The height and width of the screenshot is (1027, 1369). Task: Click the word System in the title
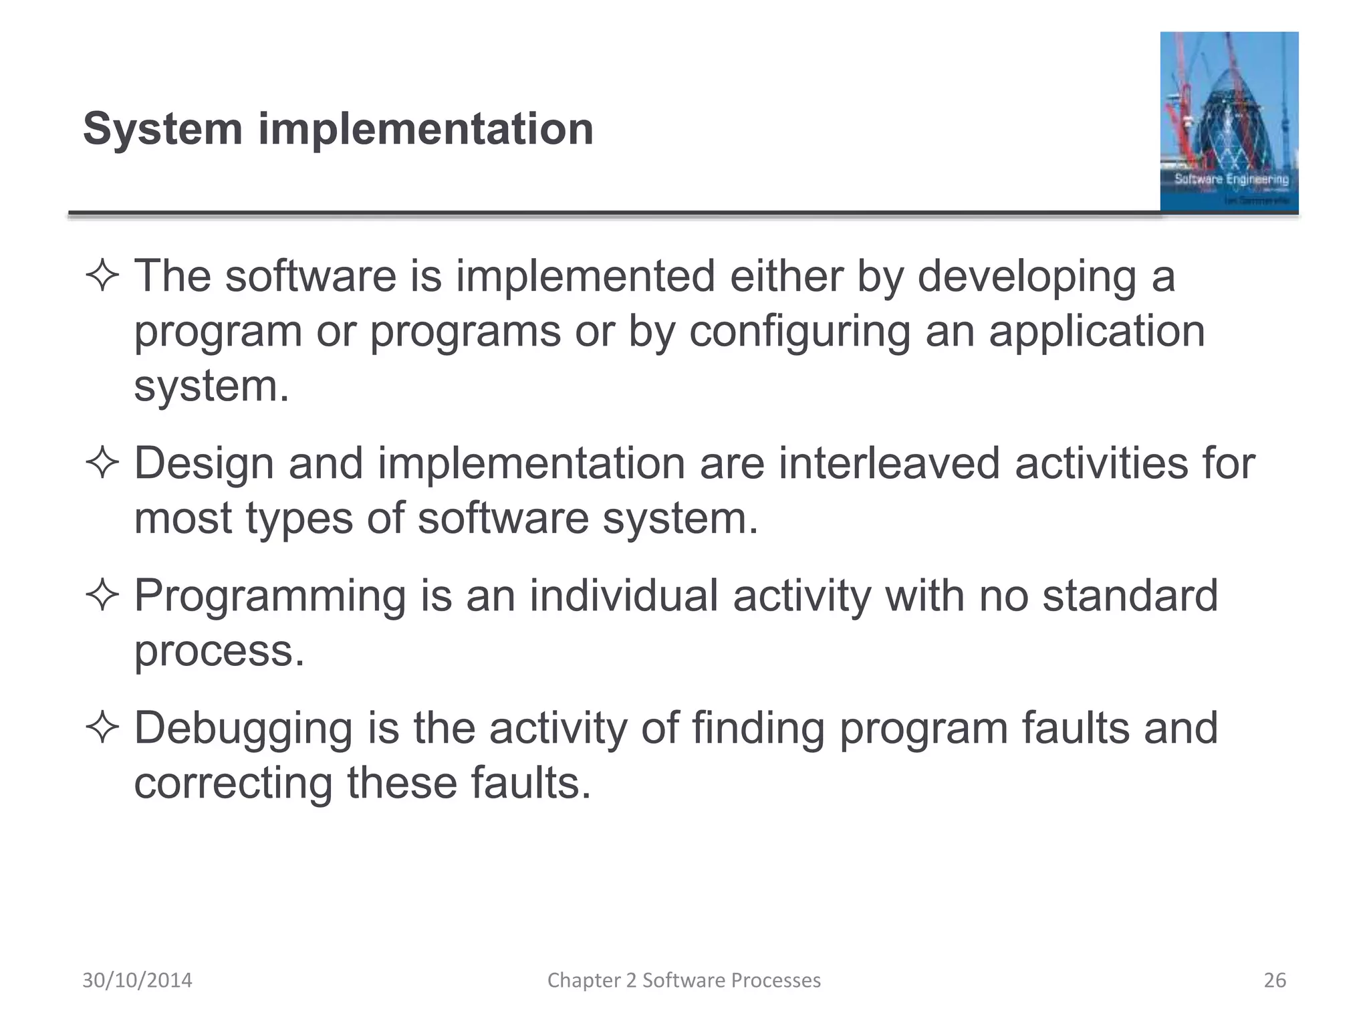tap(162, 128)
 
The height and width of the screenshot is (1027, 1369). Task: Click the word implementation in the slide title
tap(426, 128)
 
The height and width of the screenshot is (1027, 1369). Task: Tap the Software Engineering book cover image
tap(1229, 122)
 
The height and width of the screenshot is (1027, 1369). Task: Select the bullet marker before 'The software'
tap(102, 276)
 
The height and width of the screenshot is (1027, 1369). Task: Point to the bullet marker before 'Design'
tap(102, 463)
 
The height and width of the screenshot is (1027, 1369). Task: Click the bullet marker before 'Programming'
tap(102, 596)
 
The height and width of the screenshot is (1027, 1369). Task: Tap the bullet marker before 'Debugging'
tap(102, 728)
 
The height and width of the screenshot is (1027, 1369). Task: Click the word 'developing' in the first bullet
tap(1027, 276)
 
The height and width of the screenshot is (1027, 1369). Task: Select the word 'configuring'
tap(799, 332)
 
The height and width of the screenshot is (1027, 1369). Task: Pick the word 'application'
tap(1096, 332)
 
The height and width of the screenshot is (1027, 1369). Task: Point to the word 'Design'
tap(204, 463)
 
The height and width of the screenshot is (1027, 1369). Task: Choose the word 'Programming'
tap(270, 596)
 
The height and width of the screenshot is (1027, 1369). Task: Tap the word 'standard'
tap(1130, 596)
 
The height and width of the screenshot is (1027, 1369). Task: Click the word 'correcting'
tap(233, 783)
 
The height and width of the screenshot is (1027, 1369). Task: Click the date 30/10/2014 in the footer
tap(137, 980)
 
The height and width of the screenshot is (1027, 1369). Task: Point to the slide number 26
tap(1275, 980)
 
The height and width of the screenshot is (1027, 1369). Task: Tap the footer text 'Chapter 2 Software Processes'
tap(684, 980)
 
